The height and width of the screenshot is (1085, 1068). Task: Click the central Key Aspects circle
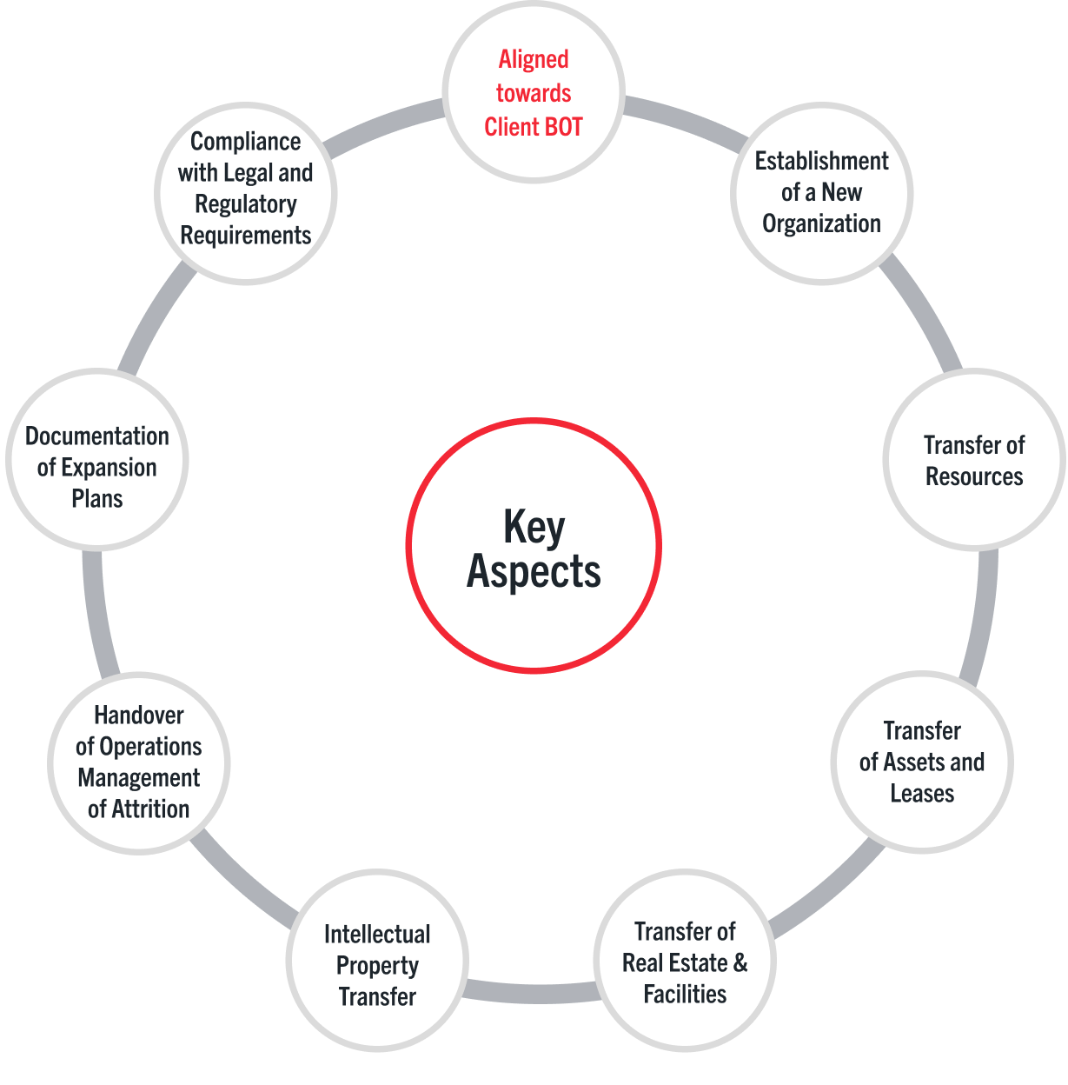click(534, 546)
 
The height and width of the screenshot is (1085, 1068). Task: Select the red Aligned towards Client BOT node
click(534, 92)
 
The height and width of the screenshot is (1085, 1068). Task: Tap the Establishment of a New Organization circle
click(821, 193)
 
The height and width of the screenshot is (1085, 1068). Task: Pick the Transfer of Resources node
click(974, 460)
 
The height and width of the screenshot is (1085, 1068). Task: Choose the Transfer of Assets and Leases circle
click(922, 762)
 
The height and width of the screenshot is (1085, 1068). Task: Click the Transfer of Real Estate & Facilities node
click(685, 962)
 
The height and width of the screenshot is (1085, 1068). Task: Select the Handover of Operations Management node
click(139, 762)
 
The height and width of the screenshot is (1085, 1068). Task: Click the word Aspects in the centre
click(534, 572)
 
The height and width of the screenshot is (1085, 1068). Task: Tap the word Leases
click(922, 793)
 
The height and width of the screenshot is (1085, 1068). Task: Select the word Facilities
click(685, 994)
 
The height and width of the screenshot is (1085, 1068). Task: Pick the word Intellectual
click(377, 934)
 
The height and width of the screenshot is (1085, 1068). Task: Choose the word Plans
click(97, 499)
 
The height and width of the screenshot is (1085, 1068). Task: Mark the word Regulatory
click(246, 204)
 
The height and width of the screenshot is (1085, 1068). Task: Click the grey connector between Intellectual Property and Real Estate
click(531, 993)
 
